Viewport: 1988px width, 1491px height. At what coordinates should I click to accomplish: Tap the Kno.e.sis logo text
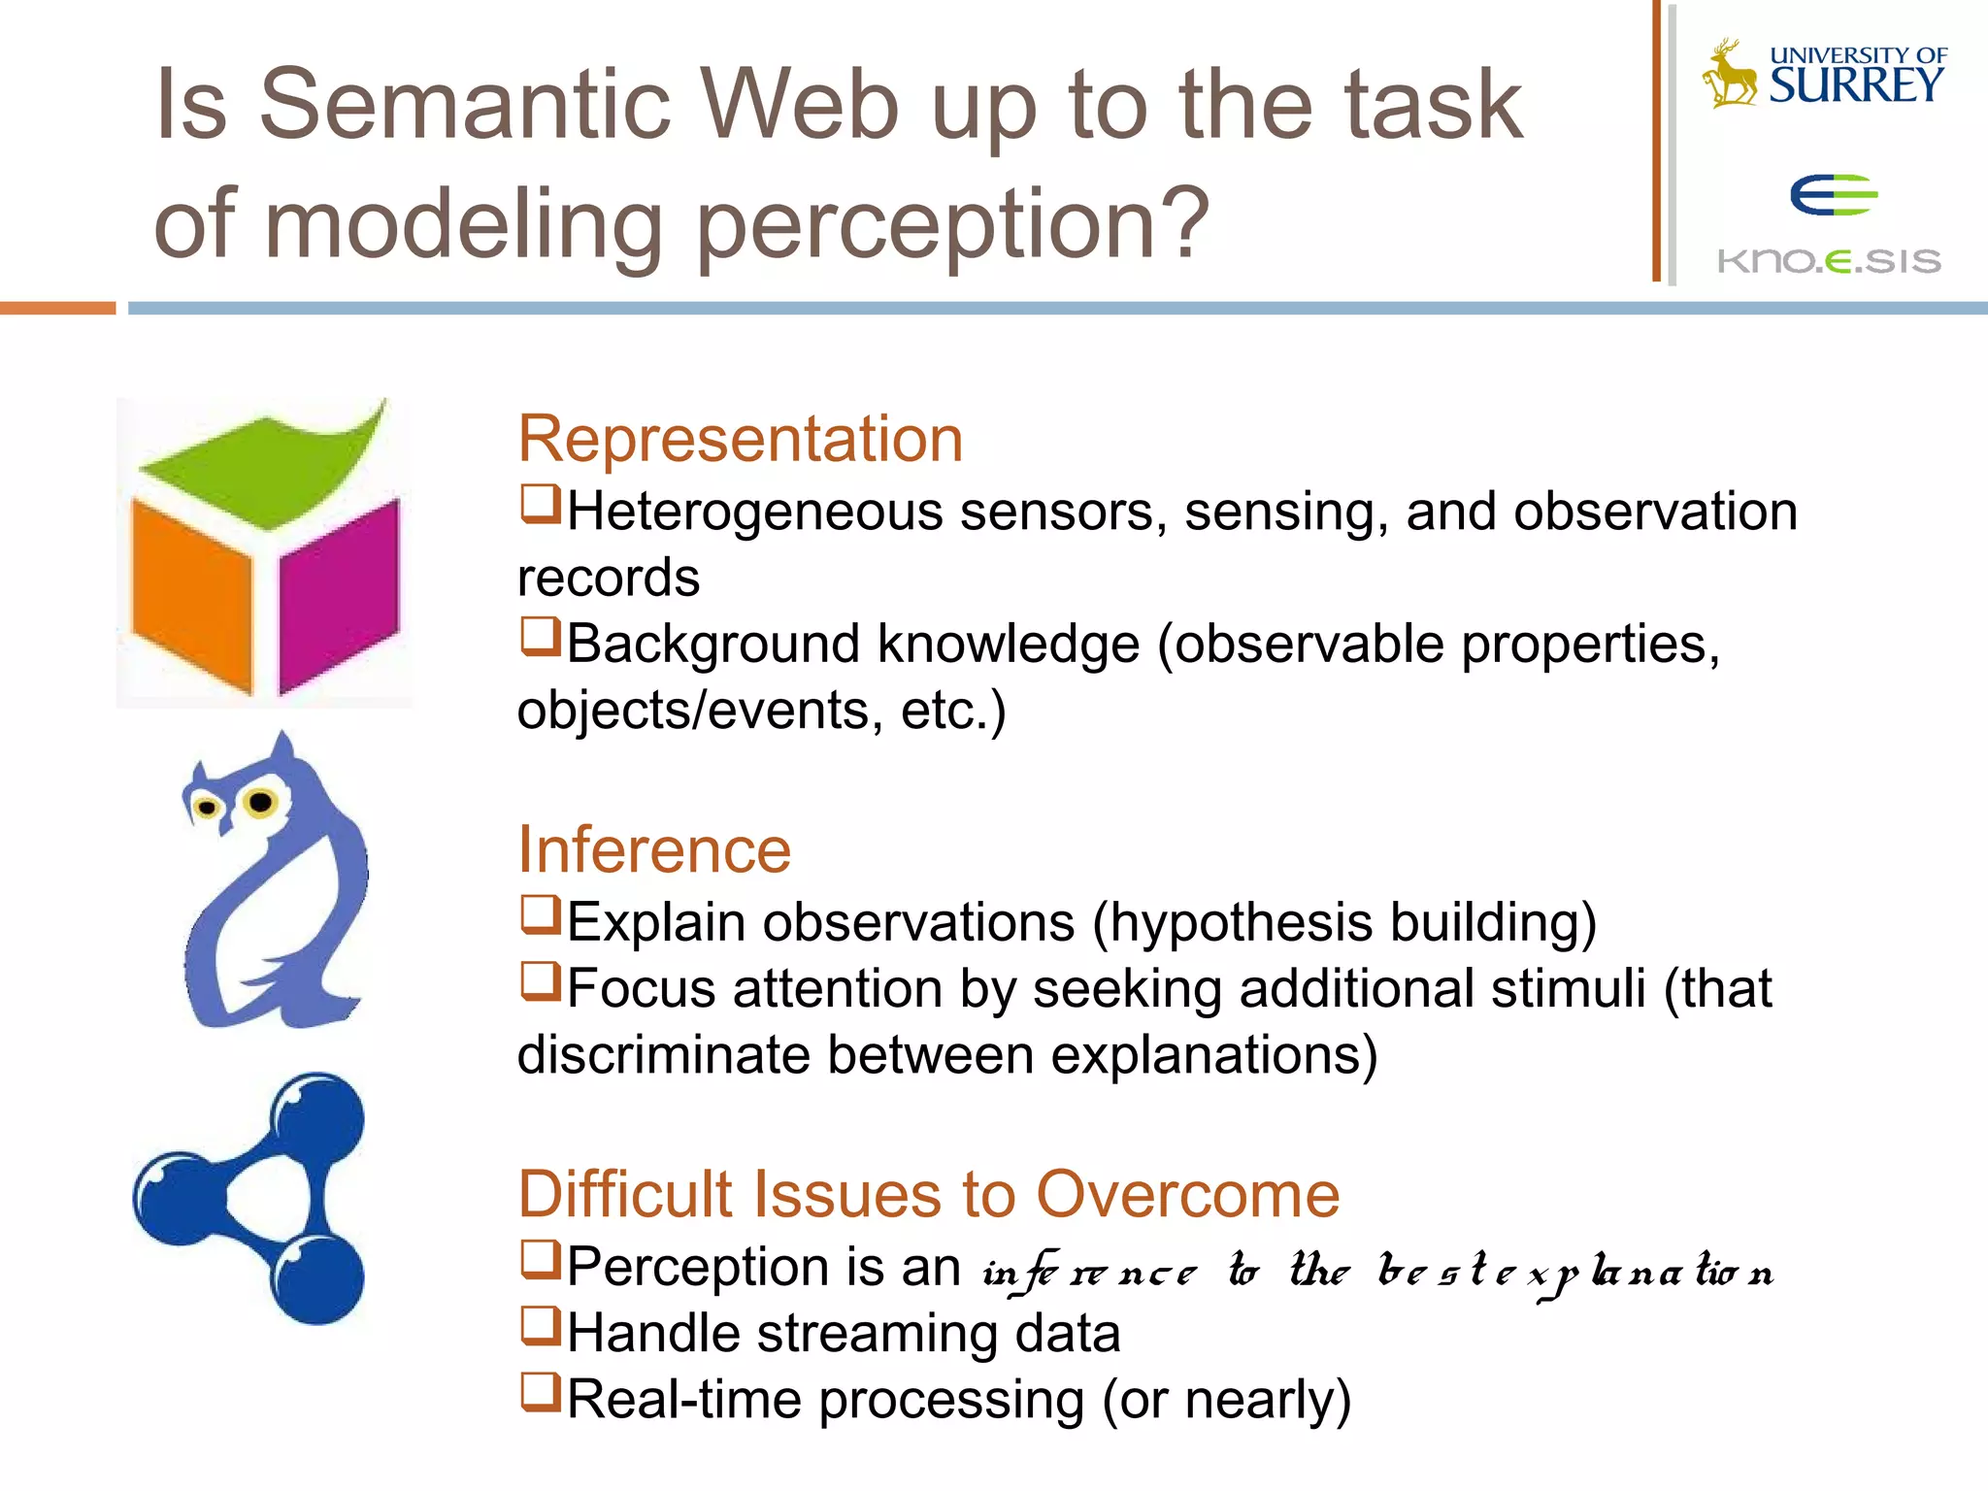[1829, 261]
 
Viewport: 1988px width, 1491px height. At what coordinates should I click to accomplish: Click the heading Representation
[740, 439]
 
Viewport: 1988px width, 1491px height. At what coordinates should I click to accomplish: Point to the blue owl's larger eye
[260, 802]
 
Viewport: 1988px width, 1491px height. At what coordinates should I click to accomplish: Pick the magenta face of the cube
[340, 594]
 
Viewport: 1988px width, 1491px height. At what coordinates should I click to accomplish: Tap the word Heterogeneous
[754, 512]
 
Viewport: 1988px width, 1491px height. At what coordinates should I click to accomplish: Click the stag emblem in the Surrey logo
[1730, 74]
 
